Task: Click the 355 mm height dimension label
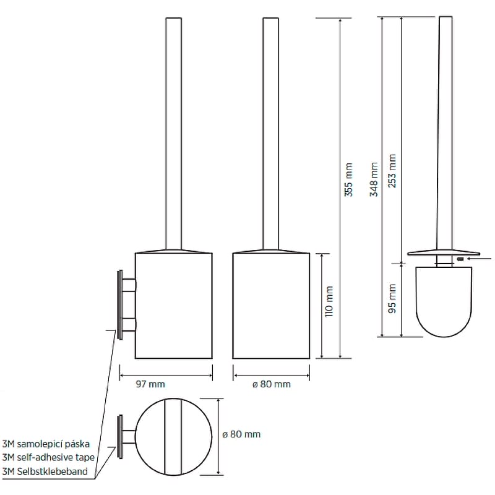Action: pos(348,179)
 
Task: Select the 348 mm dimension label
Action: pos(374,179)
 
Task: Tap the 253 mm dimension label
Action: pos(392,171)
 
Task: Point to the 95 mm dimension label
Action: pos(392,298)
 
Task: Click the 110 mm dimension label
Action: pos(329,301)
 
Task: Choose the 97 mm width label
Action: pos(150,384)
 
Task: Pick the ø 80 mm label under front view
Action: pos(272,384)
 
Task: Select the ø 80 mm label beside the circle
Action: pos(241,434)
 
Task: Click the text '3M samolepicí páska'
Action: pos(46,444)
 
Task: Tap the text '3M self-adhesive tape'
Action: pos(48,457)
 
